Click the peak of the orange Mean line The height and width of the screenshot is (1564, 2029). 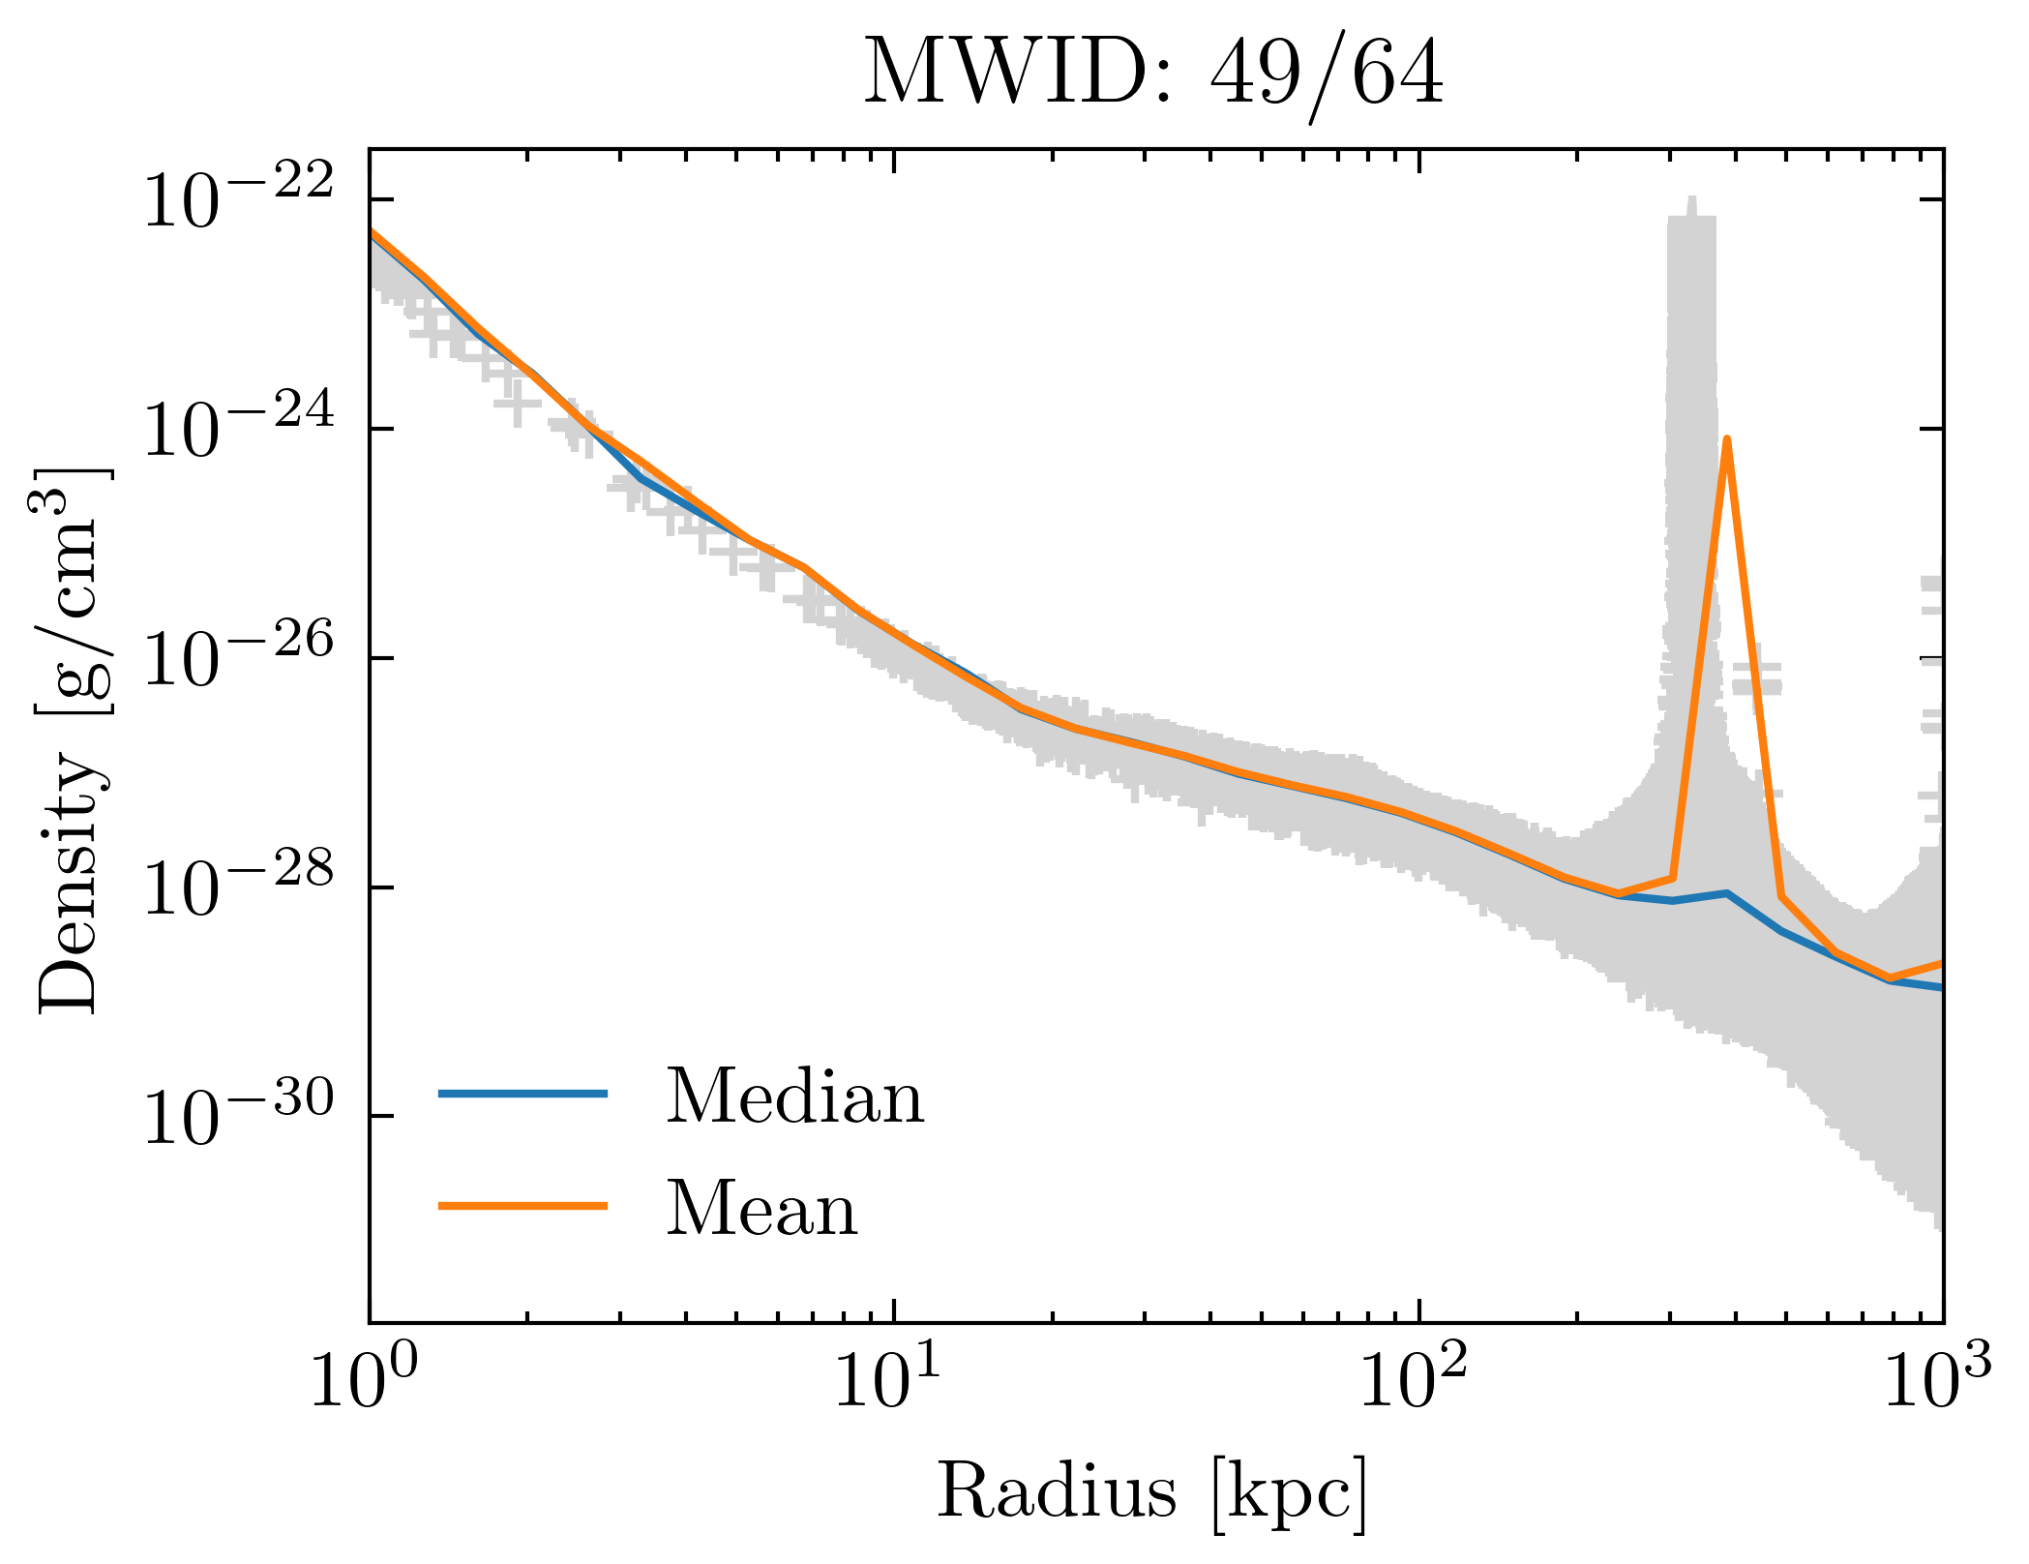click(x=1726, y=439)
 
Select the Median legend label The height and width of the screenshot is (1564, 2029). click(x=794, y=1098)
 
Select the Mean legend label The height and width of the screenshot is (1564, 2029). click(x=761, y=1210)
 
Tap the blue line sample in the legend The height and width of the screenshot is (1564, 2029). click(x=522, y=1094)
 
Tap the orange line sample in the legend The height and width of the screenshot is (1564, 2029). click(x=522, y=1206)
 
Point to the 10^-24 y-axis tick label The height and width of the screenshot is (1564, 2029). click(x=238, y=430)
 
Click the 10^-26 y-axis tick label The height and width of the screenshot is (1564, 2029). click(x=238, y=659)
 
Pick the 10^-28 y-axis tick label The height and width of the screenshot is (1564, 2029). click(x=238, y=888)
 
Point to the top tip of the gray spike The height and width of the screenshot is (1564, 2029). click(x=1691, y=198)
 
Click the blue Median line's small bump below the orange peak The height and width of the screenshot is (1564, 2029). click(x=1727, y=893)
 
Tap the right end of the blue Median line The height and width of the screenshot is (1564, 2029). click(x=1940, y=987)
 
